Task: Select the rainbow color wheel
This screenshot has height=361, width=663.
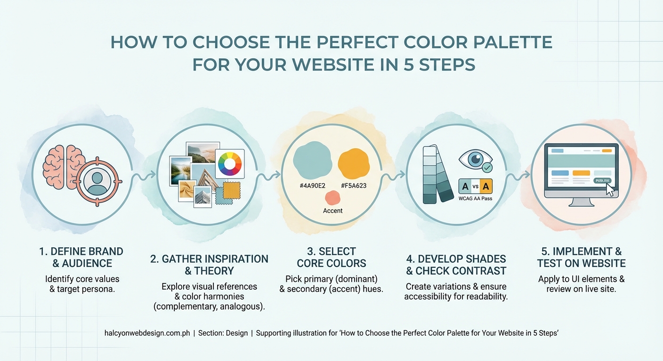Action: (229, 164)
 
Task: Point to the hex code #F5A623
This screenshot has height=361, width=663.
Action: (353, 186)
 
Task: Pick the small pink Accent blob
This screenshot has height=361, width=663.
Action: (333, 197)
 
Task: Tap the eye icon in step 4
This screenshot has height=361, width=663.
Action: (474, 159)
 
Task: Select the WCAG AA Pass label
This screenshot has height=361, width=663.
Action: (475, 199)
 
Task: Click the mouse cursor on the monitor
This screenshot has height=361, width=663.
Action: (610, 189)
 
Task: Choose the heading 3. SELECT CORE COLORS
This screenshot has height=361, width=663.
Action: (331, 257)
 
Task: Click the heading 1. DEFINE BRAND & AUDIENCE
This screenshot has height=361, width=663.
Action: (81, 257)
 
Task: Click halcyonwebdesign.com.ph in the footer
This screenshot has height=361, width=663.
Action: (147, 333)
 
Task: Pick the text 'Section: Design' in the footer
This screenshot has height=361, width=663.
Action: (223, 333)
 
